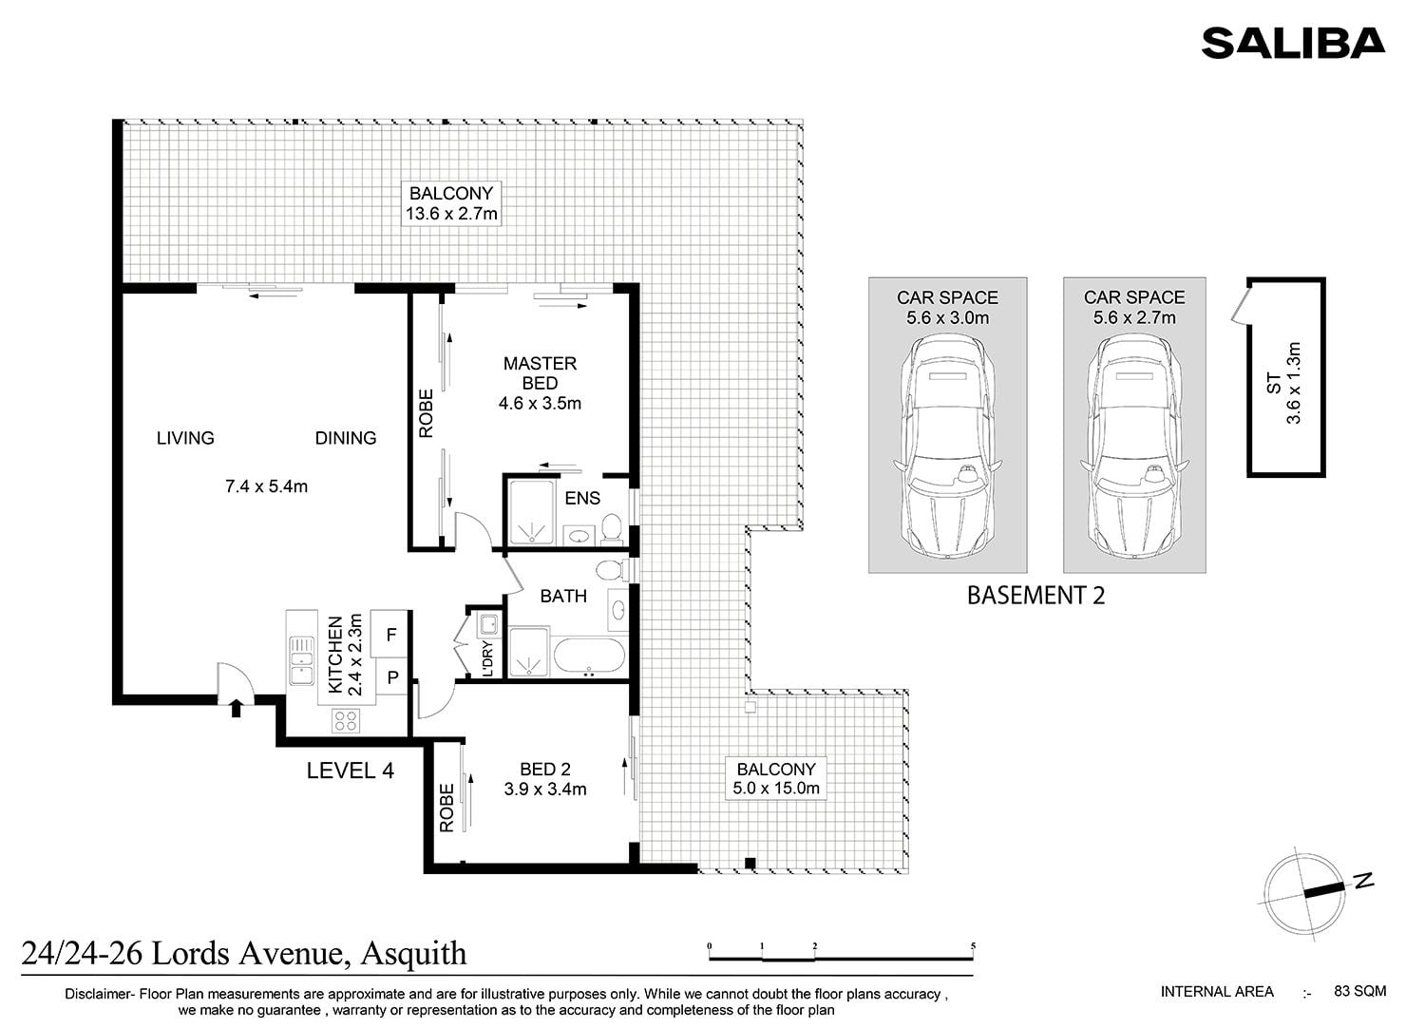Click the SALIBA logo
pyautogui.click(x=1293, y=43)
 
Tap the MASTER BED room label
pyautogui.click(x=540, y=373)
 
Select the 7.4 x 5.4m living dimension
pyautogui.click(x=266, y=486)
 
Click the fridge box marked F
pyautogui.click(x=389, y=635)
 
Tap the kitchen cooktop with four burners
pyautogui.click(x=346, y=721)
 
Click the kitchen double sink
pyautogui.click(x=301, y=660)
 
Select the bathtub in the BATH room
pyautogui.click(x=589, y=656)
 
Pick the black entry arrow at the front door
pyautogui.click(x=236, y=708)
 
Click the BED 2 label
pyautogui.click(x=544, y=770)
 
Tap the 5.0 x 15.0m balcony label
pyautogui.click(x=775, y=789)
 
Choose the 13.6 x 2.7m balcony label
pyautogui.click(x=451, y=214)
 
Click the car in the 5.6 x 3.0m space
pyautogui.click(x=947, y=447)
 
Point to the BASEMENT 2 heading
pyautogui.click(x=1035, y=596)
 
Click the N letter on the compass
pyautogui.click(x=1364, y=881)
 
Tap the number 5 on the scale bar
pyautogui.click(x=974, y=946)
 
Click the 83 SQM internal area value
pyautogui.click(x=1360, y=991)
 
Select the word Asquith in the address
pyautogui.click(x=413, y=954)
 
